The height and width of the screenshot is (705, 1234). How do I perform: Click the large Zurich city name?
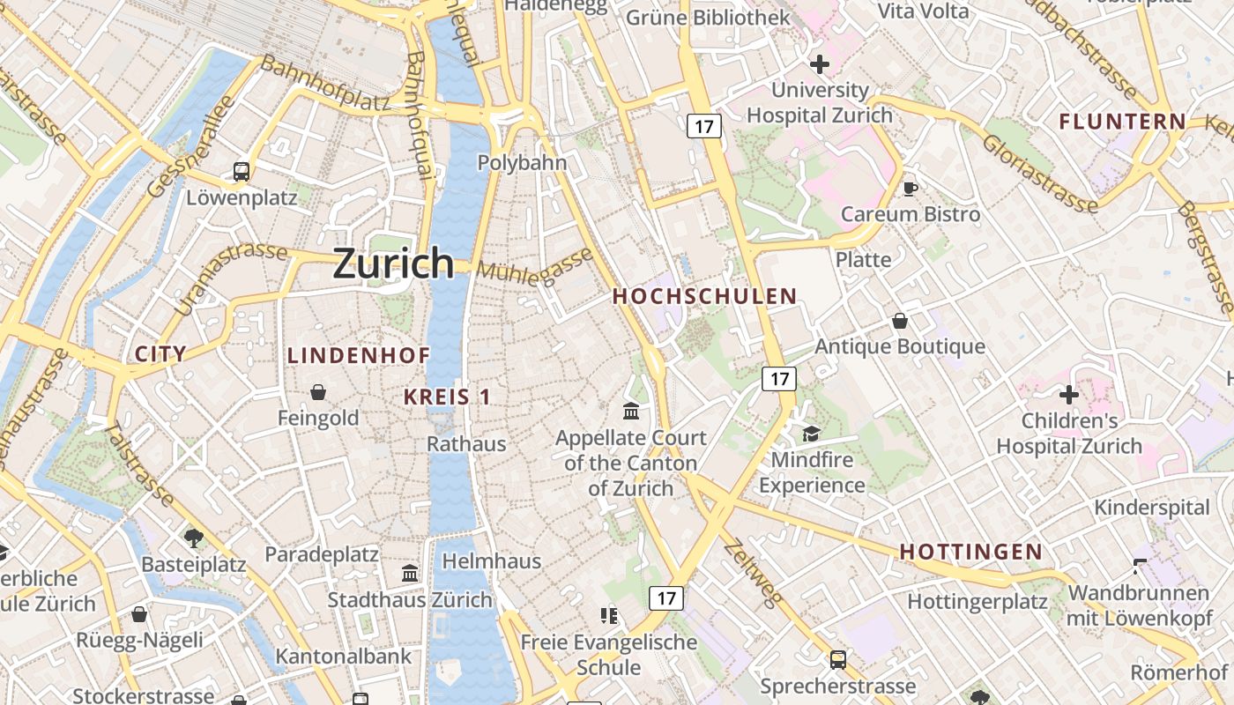(393, 263)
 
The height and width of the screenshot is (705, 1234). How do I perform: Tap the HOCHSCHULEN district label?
(704, 296)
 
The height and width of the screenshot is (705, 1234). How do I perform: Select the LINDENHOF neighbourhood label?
(359, 356)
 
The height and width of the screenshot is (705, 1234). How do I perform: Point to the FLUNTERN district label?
(1122, 122)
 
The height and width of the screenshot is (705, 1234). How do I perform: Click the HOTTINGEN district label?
(970, 553)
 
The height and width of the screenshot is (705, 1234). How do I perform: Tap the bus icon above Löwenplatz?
(242, 172)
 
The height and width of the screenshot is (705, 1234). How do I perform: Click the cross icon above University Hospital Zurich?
(820, 63)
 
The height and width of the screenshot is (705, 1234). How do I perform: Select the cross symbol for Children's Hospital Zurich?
(1069, 395)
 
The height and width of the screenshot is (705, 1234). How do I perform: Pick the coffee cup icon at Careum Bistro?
(911, 188)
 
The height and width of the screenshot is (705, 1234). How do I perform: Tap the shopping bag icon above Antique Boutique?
(899, 321)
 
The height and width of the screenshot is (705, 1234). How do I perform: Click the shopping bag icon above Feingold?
(318, 392)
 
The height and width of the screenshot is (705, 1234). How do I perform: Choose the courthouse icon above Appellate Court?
(631, 412)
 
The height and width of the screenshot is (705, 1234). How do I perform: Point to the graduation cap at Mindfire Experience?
(811, 434)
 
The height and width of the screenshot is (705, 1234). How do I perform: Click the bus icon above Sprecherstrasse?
(837, 659)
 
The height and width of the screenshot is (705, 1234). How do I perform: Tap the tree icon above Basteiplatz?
(194, 537)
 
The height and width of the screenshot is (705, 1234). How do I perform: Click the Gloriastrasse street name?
(1039, 174)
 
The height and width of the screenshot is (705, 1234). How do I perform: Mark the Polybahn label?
(522, 163)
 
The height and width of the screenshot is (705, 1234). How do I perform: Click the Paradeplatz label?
(322, 554)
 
